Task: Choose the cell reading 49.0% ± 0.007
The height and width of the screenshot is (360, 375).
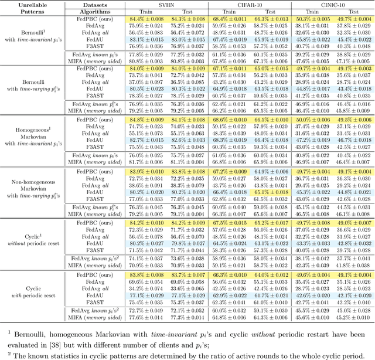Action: pyautogui.click(x=352, y=223)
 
